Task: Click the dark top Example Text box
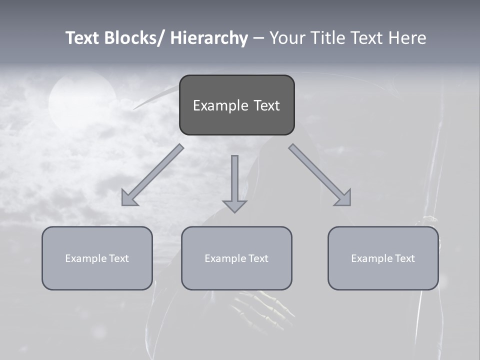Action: click(x=236, y=105)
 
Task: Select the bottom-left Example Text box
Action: click(x=97, y=258)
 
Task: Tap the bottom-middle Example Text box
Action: click(x=236, y=258)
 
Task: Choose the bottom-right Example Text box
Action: click(x=383, y=258)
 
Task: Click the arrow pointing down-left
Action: click(x=152, y=175)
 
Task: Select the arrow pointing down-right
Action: click(x=320, y=175)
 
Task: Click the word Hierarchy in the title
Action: click(x=209, y=38)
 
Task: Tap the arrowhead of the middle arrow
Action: click(x=234, y=205)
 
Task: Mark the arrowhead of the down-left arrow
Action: click(x=128, y=198)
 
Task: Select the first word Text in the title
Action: click(x=83, y=38)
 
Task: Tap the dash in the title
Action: click(x=258, y=38)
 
